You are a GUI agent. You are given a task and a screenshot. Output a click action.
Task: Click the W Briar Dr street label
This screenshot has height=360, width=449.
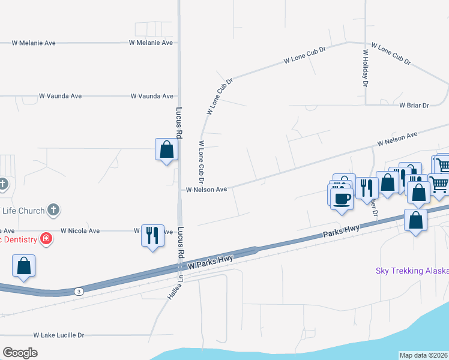(414, 106)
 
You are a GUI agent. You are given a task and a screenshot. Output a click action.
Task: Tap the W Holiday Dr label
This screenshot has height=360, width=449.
(365, 68)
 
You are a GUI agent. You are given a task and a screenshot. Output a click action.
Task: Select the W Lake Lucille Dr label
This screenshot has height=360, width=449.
(59, 335)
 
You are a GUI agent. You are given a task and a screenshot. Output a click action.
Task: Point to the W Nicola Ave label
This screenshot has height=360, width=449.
(80, 230)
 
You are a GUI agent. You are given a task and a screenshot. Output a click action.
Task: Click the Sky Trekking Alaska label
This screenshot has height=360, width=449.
(412, 271)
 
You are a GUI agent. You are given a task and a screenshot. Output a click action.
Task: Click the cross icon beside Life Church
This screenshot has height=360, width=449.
(53, 209)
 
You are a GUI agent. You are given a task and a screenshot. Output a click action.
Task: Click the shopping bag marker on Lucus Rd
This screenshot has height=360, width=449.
(166, 149)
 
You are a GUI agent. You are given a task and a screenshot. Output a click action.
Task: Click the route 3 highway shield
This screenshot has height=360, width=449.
(78, 292)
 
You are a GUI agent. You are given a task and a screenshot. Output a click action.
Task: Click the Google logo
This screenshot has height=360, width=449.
(20, 352)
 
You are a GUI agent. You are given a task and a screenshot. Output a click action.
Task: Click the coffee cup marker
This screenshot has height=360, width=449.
(342, 199)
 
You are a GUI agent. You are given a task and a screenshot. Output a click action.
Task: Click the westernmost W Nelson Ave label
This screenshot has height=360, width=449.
(206, 190)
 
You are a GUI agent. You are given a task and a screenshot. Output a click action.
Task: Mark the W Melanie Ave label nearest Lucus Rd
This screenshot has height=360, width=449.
(151, 43)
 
